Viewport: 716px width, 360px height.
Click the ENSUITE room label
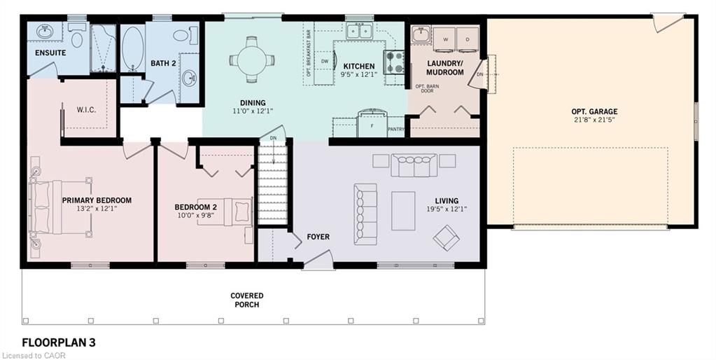coord(50,53)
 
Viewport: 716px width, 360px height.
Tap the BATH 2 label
coord(164,63)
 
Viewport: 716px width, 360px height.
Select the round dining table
coord(251,60)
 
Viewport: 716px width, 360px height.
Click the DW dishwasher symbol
coord(325,61)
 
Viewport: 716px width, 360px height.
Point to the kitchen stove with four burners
coord(394,62)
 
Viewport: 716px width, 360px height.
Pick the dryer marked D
coord(468,40)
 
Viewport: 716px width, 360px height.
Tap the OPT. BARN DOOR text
coord(424,88)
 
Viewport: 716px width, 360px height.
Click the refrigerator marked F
coord(372,123)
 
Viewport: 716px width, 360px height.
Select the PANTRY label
coord(396,130)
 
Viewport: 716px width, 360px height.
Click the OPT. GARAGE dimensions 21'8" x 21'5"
coord(594,120)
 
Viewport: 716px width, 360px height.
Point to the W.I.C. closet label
coord(86,110)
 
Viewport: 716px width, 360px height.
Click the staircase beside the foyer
coord(272,183)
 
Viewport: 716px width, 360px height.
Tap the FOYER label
coord(318,237)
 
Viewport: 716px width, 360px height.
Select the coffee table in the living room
coord(403,211)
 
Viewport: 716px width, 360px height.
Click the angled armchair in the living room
coord(446,237)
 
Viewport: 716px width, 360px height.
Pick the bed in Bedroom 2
coord(225,212)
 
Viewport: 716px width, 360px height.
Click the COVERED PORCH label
coord(246,300)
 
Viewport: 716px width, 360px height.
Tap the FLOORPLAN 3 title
coord(59,342)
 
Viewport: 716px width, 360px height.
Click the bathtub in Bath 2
coord(133,49)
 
